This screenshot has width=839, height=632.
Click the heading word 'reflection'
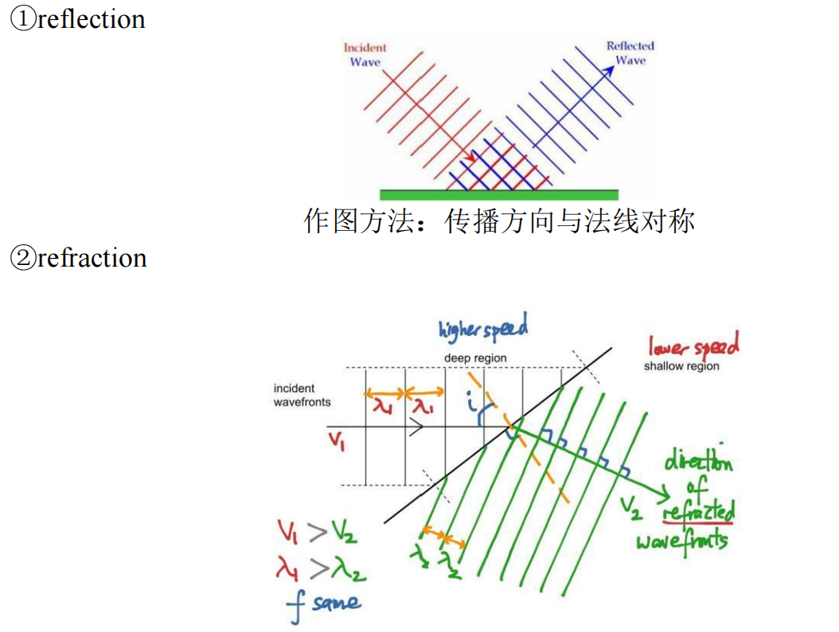pos(91,18)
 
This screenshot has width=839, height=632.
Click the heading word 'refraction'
pos(92,258)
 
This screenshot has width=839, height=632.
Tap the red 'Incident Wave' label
pos(365,55)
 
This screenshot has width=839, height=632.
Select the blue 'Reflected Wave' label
pos(630,53)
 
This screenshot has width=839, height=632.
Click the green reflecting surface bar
pos(498,194)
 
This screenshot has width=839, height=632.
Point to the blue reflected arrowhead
pos(609,69)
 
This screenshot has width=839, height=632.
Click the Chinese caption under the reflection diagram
pos(499,220)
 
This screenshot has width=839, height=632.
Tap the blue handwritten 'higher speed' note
pos(482,330)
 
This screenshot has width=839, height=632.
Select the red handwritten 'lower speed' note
pos(693,346)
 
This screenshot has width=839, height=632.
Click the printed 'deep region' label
pos(475,358)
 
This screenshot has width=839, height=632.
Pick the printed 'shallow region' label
pos(681,366)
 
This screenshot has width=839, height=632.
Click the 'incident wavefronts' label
pos(302,395)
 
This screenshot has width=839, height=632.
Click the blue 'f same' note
pos(323,605)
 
